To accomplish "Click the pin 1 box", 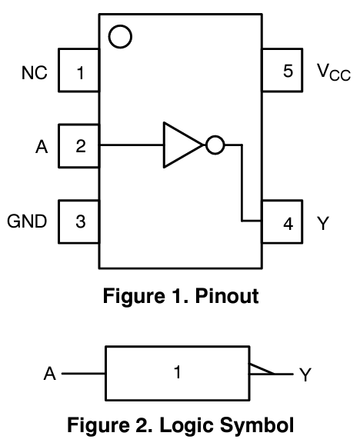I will [x=80, y=74].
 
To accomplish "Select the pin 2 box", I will [x=80, y=146].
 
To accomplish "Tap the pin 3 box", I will [x=80, y=222].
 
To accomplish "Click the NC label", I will [x=34, y=74].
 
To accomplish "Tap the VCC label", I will [x=332, y=72].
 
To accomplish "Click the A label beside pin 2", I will [x=42, y=146].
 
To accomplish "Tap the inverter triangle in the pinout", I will [x=180, y=145].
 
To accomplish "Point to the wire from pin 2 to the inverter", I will [x=131, y=145].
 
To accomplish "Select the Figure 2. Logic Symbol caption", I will [x=181, y=424].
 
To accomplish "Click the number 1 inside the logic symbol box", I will [x=177, y=374].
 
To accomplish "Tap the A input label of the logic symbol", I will [x=50, y=374].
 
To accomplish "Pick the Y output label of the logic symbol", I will [x=305, y=375].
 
